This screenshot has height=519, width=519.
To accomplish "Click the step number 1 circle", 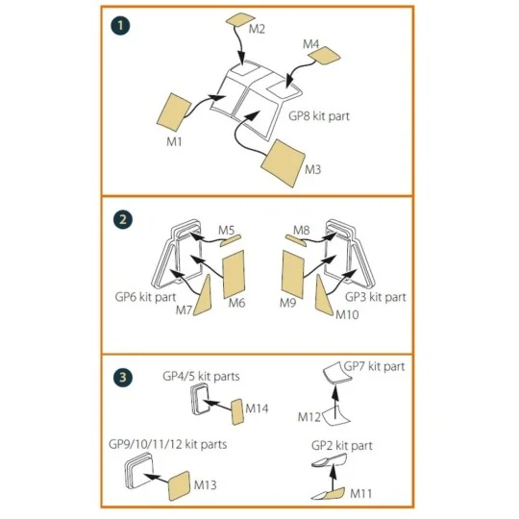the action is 120,26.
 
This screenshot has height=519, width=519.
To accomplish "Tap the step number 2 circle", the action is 123,219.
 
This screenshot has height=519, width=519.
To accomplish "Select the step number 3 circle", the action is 123,378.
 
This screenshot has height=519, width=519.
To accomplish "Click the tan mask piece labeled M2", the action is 240,19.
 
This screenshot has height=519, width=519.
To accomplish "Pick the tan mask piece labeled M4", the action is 325,56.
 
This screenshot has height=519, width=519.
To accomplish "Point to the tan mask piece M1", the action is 174,112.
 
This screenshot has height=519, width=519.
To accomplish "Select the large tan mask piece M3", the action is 283,162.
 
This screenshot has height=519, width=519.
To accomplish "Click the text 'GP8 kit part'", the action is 319,116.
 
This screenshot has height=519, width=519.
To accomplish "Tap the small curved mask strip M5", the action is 231,240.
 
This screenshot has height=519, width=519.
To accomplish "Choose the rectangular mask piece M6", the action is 234,274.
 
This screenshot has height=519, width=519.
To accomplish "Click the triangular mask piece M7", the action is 202,296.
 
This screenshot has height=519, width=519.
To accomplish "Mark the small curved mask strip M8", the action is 296,240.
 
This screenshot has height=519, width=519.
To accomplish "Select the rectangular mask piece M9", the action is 292,274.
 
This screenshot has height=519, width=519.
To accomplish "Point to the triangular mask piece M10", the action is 324,295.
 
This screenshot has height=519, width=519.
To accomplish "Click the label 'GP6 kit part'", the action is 145,297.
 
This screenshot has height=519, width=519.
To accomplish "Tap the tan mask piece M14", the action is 237,411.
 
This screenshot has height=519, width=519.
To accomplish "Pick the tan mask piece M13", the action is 180,485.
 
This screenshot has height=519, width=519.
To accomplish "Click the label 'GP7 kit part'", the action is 374,367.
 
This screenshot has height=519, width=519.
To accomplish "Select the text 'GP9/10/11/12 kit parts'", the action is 167,444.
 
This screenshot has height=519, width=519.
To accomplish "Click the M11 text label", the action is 360,494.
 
